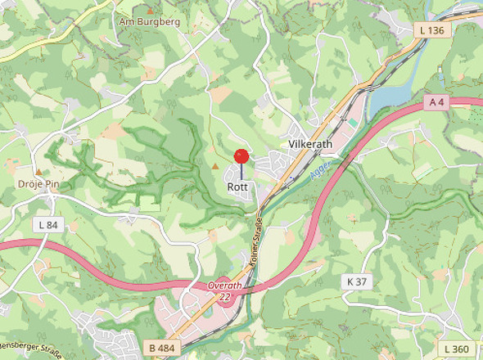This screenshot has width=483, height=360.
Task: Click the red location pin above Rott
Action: [241, 157]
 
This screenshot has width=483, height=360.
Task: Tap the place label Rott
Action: [237, 187]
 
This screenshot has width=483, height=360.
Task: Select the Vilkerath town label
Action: [310, 144]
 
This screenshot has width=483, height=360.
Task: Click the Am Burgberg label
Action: [148, 22]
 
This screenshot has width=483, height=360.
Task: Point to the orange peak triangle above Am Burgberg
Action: [149, 11]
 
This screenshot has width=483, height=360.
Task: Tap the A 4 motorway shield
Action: [438, 102]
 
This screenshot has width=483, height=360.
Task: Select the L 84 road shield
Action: [48, 224]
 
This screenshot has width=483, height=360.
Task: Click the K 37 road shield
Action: [357, 281]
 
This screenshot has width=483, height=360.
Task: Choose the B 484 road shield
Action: [163, 348]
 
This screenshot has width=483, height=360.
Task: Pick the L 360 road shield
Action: [457, 349]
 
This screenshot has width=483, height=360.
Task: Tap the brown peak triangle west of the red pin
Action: [215, 166]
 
